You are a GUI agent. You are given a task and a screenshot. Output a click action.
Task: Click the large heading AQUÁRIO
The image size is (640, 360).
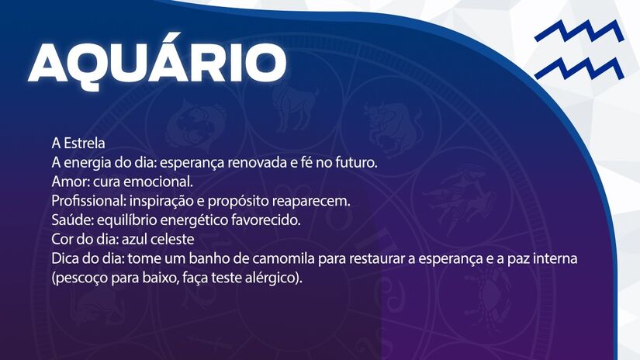click(156, 62)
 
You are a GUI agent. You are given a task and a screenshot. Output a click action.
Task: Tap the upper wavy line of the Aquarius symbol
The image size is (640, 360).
click(578, 33)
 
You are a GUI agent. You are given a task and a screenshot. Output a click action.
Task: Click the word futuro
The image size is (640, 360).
click(354, 163)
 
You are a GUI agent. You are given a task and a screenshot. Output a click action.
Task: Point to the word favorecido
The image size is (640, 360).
click(263, 220)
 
